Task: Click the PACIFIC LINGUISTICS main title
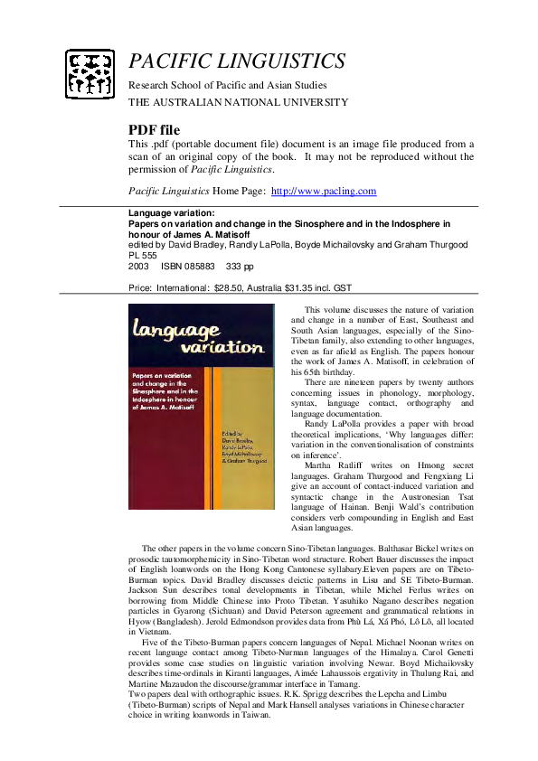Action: (237, 61)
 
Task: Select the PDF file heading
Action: (155, 130)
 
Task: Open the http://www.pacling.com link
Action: (324, 191)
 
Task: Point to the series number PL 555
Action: (145, 255)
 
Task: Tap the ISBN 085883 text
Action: (188, 266)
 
